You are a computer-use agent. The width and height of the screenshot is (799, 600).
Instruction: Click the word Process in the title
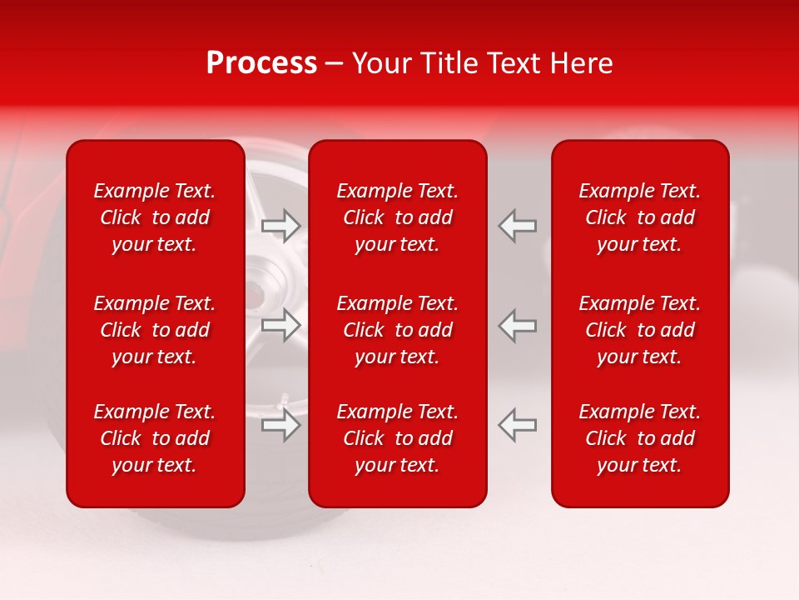click(x=261, y=63)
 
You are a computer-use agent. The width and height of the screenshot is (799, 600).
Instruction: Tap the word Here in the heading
click(x=583, y=63)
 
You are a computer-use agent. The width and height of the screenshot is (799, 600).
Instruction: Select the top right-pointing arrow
click(x=281, y=226)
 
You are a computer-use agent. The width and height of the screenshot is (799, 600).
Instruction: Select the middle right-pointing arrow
click(x=281, y=325)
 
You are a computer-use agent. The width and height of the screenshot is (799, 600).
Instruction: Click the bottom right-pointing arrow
click(x=281, y=424)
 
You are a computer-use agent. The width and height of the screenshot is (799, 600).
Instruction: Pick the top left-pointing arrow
click(x=517, y=226)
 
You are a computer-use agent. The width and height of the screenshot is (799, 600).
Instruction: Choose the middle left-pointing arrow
click(x=517, y=325)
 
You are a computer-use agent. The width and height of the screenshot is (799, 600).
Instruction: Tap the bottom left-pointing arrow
click(x=517, y=424)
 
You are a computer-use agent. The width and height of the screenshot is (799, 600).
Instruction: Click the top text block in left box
click(x=155, y=217)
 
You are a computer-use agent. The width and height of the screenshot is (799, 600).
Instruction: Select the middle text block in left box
click(x=155, y=330)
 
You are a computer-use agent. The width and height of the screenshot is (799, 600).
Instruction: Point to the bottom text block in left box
click(x=155, y=438)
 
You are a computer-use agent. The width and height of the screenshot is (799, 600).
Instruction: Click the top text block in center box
click(x=397, y=217)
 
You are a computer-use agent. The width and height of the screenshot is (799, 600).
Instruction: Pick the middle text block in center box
click(x=397, y=330)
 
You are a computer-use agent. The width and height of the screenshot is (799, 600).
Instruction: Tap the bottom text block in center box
click(x=397, y=438)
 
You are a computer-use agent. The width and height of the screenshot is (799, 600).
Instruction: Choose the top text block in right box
click(x=639, y=217)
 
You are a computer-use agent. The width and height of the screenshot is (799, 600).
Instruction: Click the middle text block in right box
click(x=639, y=330)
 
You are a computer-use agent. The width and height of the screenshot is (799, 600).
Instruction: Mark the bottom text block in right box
click(x=639, y=438)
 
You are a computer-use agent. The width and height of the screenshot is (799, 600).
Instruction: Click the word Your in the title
click(x=380, y=63)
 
